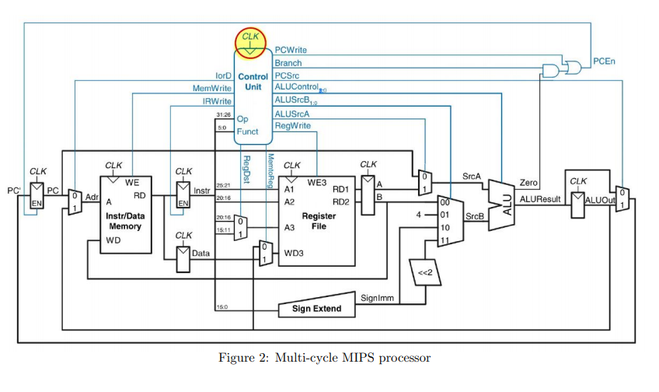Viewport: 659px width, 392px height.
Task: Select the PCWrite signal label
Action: pyautogui.click(x=291, y=50)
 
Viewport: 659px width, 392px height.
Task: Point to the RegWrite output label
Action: pyautogui.click(x=292, y=126)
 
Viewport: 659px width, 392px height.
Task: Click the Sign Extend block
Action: pyautogui.click(x=315, y=309)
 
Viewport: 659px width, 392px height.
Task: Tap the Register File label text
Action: pyautogui.click(x=319, y=220)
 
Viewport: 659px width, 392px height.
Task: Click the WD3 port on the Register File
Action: pyautogui.click(x=293, y=254)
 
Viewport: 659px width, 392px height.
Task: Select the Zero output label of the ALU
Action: pyautogui.click(x=528, y=182)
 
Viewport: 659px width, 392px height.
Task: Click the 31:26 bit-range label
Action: pyautogui.click(x=223, y=114)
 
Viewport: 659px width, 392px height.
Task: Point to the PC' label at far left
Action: pyautogui.click(x=13, y=189)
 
